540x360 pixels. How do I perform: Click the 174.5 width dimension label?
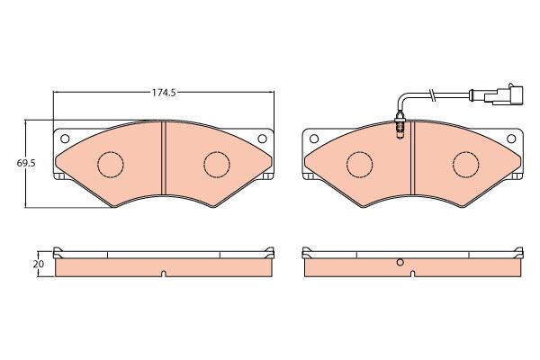[164, 93]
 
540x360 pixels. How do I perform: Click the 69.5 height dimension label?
[26, 163]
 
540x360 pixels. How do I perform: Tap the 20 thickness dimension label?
[38, 265]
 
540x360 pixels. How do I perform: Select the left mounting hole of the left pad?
[65, 139]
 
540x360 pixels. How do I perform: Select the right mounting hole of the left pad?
[262, 139]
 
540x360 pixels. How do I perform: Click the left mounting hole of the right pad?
[314, 139]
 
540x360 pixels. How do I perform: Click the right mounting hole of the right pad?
[511, 139]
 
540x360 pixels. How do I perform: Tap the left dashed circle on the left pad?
[111, 165]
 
